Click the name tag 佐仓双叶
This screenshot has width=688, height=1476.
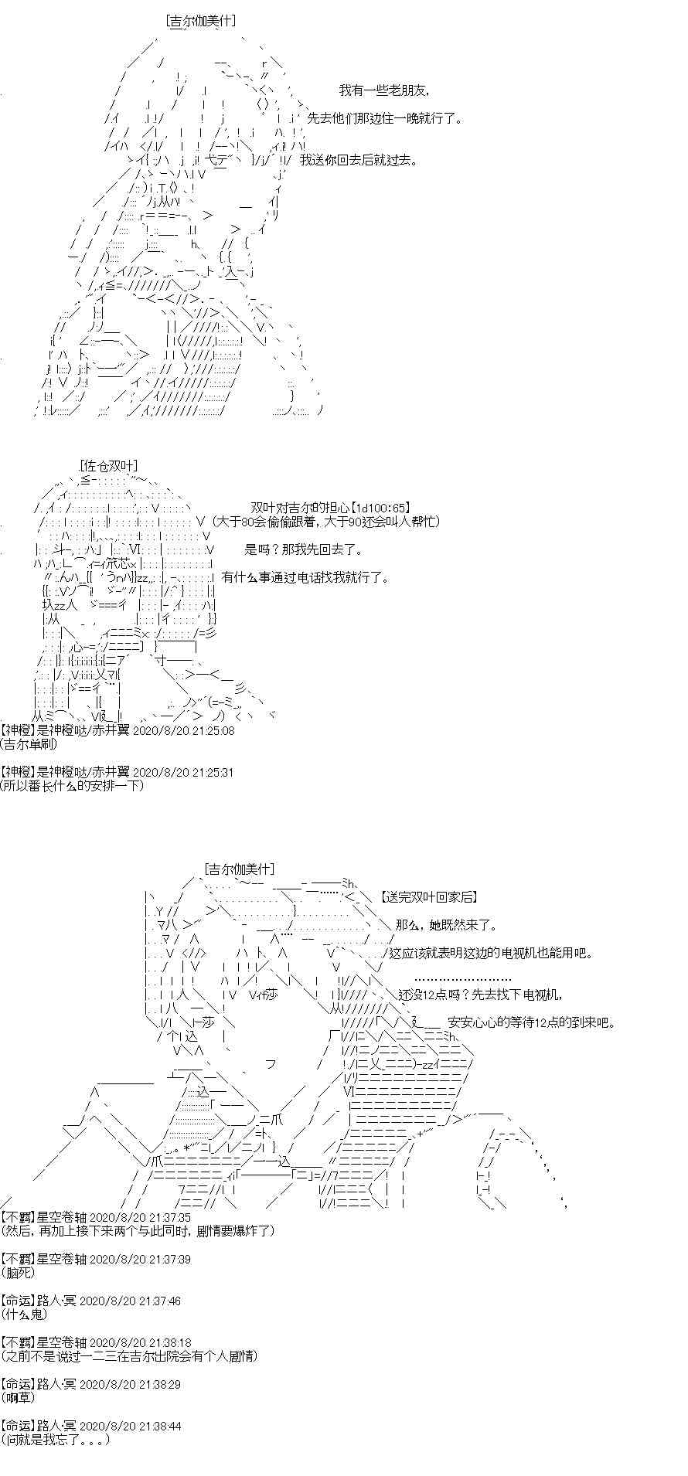pyautogui.click(x=108, y=466)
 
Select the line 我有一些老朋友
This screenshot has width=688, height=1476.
pyautogui.click(x=383, y=90)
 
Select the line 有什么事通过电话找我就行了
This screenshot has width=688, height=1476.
pyautogui.click(x=306, y=577)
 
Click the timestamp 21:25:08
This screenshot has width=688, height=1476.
pyautogui.click(x=183, y=730)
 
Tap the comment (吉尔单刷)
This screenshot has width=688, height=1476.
pyautogui.click(x=29, y=744)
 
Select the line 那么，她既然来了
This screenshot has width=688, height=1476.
pyautogui.click(x=447, y=925)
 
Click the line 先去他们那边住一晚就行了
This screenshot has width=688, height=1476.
pyautogui.click(x=385, y=118)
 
